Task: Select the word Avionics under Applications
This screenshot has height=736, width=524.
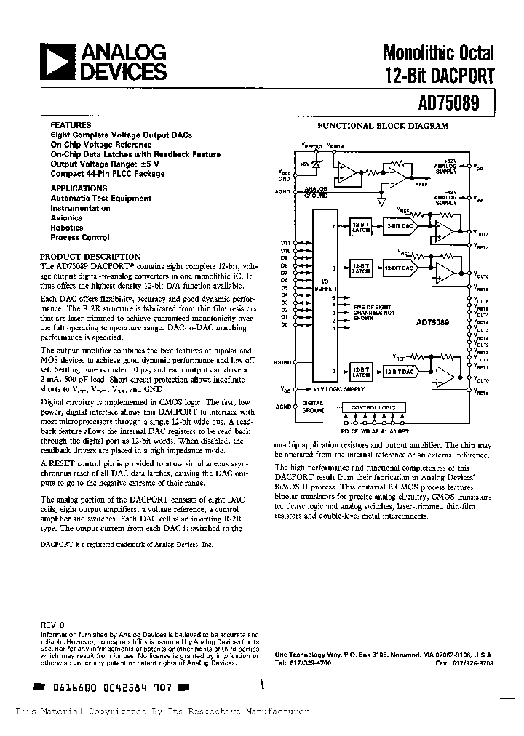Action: tap(66, 217)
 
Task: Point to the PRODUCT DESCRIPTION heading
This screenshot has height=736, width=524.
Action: tap(90, 257)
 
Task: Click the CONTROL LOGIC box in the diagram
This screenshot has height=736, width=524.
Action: tap(373, 407)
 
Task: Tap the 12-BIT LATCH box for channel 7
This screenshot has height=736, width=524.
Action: tap(361, 227)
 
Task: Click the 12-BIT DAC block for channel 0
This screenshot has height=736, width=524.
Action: tap(400, 371)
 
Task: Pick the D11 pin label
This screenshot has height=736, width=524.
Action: tap(285, 241)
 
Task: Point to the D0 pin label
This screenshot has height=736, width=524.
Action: tap(285, 324)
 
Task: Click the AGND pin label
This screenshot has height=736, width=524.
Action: tap(284, 191)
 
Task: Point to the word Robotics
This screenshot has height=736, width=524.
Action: tap(66, 228)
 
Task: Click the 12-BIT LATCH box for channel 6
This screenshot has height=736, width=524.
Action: tap(361, 268)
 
